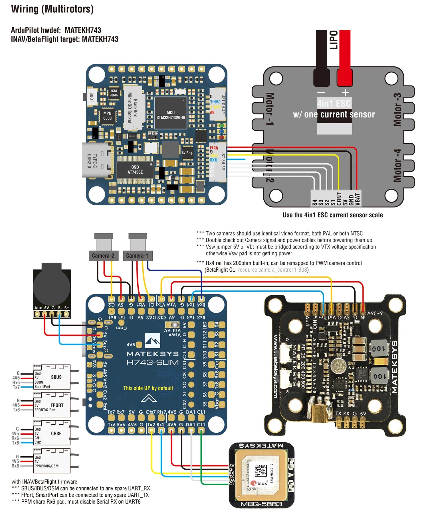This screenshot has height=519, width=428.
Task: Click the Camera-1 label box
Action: (138, 256)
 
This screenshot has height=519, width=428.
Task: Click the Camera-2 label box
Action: (103, 256)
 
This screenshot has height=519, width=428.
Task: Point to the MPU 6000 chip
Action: (107, 116)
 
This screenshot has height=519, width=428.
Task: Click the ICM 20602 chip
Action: (114, 93)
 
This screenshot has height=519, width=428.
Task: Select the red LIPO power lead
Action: (344, 57)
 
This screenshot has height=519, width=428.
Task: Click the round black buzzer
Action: (52, 288)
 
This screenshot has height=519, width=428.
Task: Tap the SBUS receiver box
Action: (52, 377)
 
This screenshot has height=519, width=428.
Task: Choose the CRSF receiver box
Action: (52, 433)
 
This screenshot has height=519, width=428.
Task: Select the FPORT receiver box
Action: (52, 405)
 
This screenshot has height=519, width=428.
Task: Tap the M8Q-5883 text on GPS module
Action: (261, 504)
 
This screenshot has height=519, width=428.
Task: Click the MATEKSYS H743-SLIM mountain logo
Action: (152, 341)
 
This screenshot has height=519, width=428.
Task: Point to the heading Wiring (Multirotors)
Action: (52, 9)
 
